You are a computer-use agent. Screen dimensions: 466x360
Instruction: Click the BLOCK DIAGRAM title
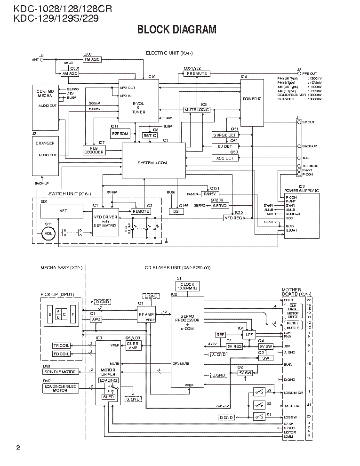(176, 30)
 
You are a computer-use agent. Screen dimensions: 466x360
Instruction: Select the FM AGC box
(92, 60)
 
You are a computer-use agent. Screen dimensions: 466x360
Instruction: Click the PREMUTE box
(197, 74)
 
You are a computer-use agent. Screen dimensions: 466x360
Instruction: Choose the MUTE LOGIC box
(197, 109)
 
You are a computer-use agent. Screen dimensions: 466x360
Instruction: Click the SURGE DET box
(224, 135)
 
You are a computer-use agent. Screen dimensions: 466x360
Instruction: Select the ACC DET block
(224, 158)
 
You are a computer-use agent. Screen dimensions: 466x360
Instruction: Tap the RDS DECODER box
(94, 150)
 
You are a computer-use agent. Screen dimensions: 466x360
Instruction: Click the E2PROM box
(120, 134)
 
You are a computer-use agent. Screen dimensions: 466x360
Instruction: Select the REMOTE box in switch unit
(141, 211)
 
